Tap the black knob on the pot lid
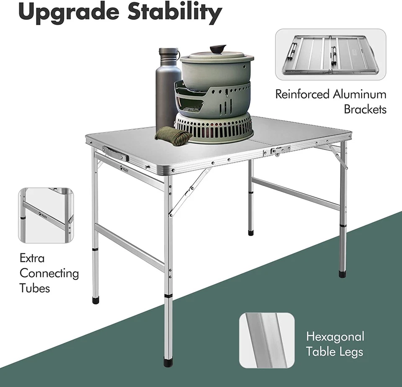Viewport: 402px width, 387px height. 217,49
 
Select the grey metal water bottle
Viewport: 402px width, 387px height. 167,90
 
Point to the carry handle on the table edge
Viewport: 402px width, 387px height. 115,153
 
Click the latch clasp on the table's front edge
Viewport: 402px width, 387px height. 276,151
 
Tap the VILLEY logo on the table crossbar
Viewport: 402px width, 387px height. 124,169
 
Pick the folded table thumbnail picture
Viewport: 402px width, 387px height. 330,55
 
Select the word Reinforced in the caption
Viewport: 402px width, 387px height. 302,94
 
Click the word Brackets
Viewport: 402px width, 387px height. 365,109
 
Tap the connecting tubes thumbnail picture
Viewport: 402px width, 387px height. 46,215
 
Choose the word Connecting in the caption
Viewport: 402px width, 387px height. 49,273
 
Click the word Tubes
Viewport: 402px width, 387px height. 35,288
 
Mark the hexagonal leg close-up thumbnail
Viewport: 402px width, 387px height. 267,340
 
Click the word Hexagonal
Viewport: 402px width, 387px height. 335,336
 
